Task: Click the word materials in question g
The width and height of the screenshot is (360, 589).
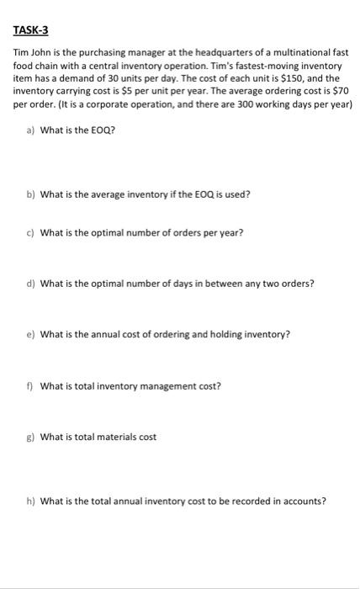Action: (115, 437)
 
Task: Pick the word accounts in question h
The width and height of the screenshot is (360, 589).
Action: (302, 501)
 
